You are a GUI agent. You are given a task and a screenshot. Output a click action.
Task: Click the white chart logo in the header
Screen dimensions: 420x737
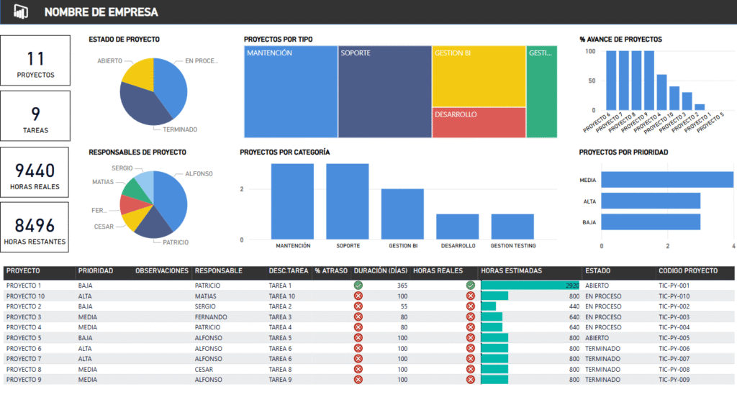[x=21, y=12]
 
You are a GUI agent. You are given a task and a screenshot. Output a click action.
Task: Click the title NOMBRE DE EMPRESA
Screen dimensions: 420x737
[x=101, y=12]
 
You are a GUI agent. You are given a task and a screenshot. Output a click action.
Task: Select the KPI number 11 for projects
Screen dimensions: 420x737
[x=35, y=59]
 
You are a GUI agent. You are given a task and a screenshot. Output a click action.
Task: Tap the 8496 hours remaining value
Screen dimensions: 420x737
[x=35, y=225]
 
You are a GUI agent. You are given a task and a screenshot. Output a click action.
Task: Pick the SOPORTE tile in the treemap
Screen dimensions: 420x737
[x=384, y=91]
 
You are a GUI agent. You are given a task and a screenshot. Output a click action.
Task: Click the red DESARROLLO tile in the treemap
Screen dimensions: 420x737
[x=479, y=122]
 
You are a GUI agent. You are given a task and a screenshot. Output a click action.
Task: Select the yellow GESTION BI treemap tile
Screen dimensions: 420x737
[x=479, y=76]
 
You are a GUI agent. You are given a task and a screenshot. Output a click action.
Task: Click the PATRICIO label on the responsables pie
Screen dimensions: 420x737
[x=176, y=242]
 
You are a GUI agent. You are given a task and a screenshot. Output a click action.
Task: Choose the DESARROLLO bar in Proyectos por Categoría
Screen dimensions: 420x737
[x=457, y=227]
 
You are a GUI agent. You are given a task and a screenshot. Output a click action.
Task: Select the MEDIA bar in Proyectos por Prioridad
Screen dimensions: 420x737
[x=667, y=180]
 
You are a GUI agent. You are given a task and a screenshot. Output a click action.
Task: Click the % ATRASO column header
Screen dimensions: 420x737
[x=331, y=271]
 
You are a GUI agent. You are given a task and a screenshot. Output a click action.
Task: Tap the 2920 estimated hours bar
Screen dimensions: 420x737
[x=530, y=286]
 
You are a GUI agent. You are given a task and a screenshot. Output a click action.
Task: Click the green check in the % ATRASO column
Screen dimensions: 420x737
[x=358, y=286]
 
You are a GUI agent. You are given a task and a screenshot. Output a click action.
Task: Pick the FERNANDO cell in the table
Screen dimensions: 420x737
[x=211, y=317]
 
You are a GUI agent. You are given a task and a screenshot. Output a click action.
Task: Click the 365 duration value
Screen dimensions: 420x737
[x=402, y=286]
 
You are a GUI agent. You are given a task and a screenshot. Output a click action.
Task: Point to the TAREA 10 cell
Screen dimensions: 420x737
[x=282, y=296]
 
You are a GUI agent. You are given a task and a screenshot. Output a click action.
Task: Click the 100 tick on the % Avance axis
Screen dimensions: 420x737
[x=591, y=52]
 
